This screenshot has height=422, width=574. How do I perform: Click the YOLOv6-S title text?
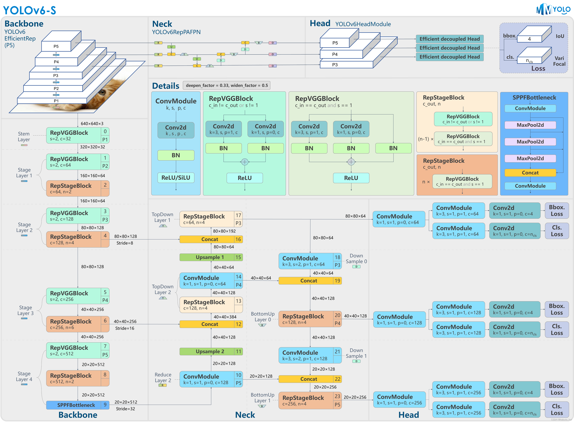(29, 10)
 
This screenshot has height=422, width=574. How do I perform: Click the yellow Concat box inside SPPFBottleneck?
(530, 173)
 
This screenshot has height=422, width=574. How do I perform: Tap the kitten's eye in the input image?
(102, 92)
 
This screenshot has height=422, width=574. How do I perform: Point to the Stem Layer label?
(24, 137)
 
